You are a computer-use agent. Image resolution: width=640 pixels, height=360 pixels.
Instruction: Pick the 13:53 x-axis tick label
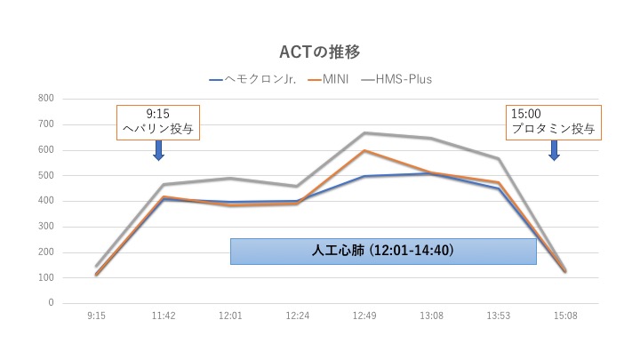pos(499,316)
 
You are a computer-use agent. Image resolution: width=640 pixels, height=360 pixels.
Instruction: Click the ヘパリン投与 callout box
pos(157,123)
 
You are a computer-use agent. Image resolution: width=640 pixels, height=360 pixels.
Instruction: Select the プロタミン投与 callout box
pos(553,123)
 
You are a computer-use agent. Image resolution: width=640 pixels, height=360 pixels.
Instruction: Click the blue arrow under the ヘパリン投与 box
pos(158,150)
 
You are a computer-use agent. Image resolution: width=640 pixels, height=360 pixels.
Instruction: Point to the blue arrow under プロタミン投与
pos(553,150)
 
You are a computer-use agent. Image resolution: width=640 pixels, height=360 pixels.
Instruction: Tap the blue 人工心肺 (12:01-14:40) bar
pos(383,252)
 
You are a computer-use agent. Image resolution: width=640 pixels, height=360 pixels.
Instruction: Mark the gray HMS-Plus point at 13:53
pos(499,159)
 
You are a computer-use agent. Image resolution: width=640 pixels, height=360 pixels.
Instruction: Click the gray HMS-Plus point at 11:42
pos(163,185)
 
